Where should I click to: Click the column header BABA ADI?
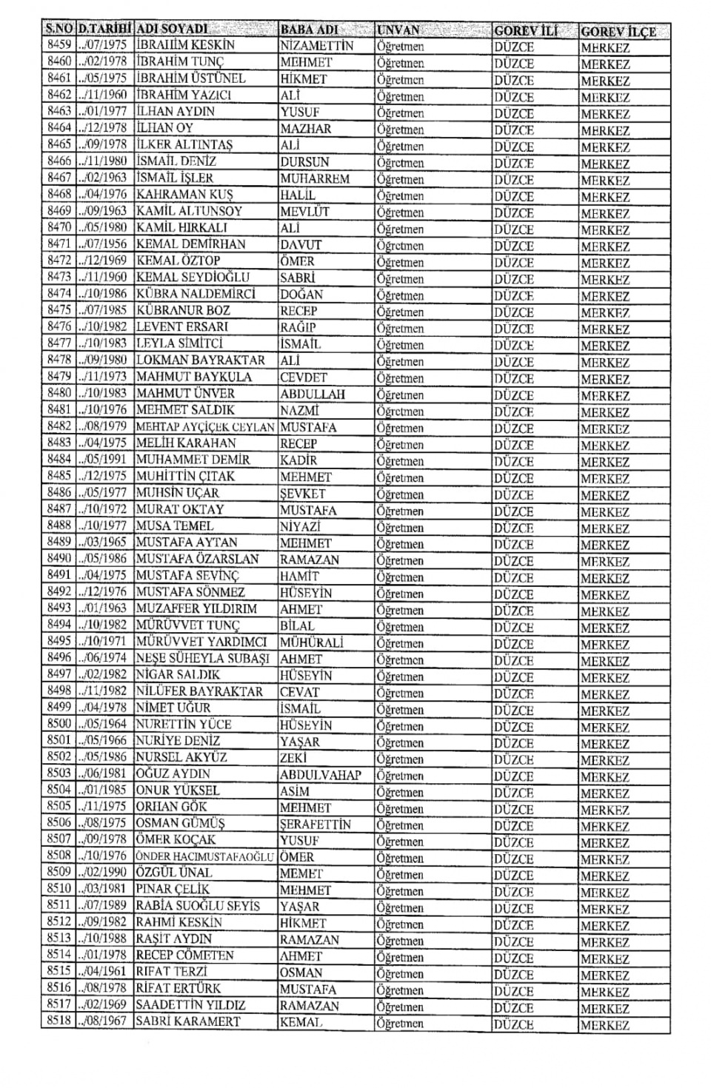point(309,30)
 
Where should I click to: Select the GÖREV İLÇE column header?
point(618,32)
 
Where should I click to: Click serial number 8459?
point(59,44)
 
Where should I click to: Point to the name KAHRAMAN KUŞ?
point(184,195)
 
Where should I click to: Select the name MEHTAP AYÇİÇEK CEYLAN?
point(205,427)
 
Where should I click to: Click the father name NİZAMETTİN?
point(316,46)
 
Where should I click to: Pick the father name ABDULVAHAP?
point(320,775)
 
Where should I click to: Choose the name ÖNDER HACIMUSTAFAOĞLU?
point(205,856)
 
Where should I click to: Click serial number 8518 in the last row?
point(59,1021)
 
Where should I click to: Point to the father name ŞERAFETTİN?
point(316,824)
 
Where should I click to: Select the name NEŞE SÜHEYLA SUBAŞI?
point(202,658)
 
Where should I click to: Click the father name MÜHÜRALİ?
point(312,642)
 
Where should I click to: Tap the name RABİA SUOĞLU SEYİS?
point(198,906)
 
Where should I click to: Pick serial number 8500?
point(59,724)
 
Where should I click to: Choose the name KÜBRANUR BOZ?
point(183,310)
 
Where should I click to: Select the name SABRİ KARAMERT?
point(188,1021)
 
